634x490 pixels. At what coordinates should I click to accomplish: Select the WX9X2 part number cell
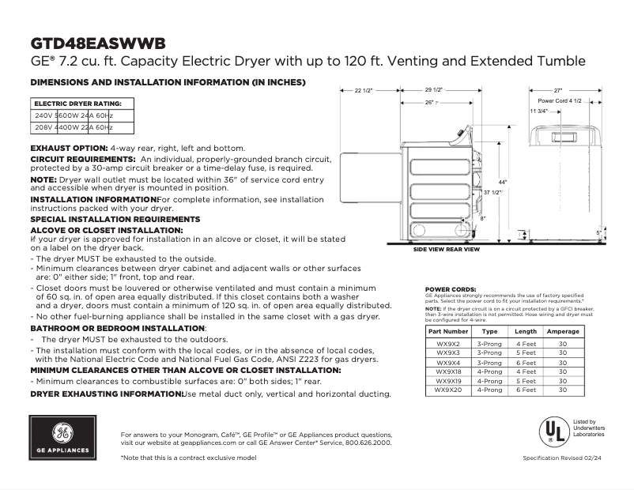pyautogui.click(x=448, y=344)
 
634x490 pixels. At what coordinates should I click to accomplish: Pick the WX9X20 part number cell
pyautogui.click(x=448, y=390)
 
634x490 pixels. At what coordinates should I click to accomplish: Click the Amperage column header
pyautogui.click(x=563, y=331)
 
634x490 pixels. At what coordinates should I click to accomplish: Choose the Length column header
pyautogui.click(x=526, y=331)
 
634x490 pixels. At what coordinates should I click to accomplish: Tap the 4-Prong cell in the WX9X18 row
pyautogui.click(x=489, y=371)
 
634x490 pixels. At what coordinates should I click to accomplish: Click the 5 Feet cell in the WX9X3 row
pyautogui.click(x=526, y=353)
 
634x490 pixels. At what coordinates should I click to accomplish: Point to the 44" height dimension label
pyautogui.click(x=502, y=183)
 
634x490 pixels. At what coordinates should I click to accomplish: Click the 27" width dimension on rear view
pyautogui.click(x=557, y=91)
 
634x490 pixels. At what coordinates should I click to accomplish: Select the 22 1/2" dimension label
pyautogui.click(x=363, y=91)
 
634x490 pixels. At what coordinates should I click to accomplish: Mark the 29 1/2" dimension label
pyautogui.click(x=434, y=90)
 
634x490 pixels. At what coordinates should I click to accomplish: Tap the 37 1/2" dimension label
pyautogui.click(x=492, y=193)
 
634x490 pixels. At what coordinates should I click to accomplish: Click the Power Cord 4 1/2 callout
pyautogui.click(x=560, y=102)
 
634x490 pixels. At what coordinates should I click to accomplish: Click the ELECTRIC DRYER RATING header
pyautogui.click(x=77, y=104)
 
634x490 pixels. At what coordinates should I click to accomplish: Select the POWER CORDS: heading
pyautogui.click(x=451, y=289)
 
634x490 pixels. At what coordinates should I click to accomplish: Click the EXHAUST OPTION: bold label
pyautogui.click(x=69, y=148)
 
